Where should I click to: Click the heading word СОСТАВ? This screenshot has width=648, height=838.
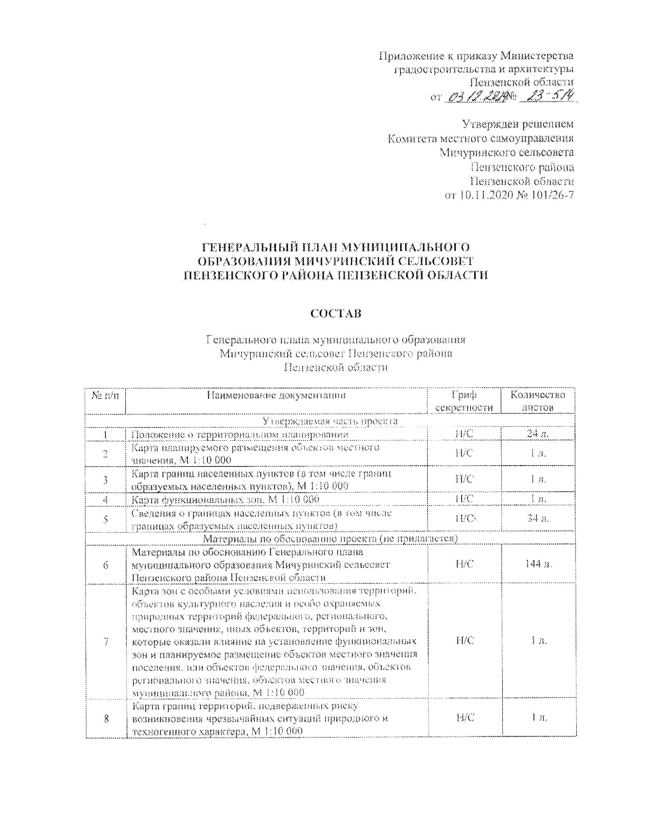pyautogui.click(x=335, y=314)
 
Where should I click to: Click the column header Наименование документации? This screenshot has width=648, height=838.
pyautogui.click(x=276, y=396)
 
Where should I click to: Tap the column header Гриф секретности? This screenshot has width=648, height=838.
pyautogui.click(x=464, y=401)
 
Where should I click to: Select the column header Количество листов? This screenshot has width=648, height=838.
pyautogui.click(x=537, y=401)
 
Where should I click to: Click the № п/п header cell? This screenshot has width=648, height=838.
pyautogui.click(x=105, y=396)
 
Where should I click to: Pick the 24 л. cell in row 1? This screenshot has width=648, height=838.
pyautogui.click(x=538, y=434)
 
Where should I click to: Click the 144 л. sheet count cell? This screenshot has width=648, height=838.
pyautogui.click(x=538, y=564)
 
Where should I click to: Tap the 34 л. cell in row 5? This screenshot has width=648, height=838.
pyautogui.click(x=538, y=519)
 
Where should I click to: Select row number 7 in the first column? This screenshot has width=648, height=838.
pyautogui.click(x=106, y=641)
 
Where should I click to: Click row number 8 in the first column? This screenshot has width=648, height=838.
pyautogui.click(x=106, y=718)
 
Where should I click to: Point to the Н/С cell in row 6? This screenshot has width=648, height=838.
pyautogui.click(x=464, y=564)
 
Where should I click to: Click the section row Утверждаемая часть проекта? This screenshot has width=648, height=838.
pyautogui.click(x=330, y=420)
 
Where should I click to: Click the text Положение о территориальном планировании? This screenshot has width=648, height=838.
pyautogui.click(x=240, y=434)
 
